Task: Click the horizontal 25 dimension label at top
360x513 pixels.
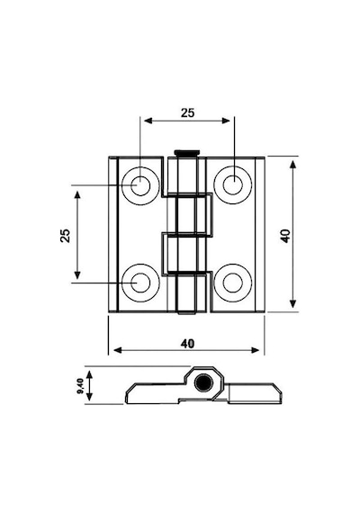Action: point(188,112)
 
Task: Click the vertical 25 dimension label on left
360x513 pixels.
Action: point(66,235)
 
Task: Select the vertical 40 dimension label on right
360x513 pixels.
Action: point(285,236)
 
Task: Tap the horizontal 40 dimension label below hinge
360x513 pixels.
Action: point(187,344)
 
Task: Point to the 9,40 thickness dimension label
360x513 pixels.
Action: point(80,386)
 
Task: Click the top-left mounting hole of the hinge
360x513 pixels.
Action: point(140,185)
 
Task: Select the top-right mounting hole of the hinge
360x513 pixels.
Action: point(233,184)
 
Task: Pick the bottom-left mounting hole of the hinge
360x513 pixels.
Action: point(140,283)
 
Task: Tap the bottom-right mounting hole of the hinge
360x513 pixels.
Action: point(233,283)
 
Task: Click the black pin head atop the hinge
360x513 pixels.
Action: point(186,152)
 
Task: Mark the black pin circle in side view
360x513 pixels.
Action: point(203,382)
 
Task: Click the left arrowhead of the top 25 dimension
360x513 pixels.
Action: point(148,121)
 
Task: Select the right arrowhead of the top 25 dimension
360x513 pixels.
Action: point(226,121)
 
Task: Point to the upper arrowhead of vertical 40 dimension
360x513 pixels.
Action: point(293,164)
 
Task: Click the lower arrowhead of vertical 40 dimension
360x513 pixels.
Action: point(293,304)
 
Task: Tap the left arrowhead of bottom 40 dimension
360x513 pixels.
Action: point(118,350)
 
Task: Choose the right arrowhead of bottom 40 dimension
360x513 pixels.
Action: point(255,350)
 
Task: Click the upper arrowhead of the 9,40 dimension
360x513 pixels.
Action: point(89,374)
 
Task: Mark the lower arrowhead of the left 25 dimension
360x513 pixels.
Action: point(77,274)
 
